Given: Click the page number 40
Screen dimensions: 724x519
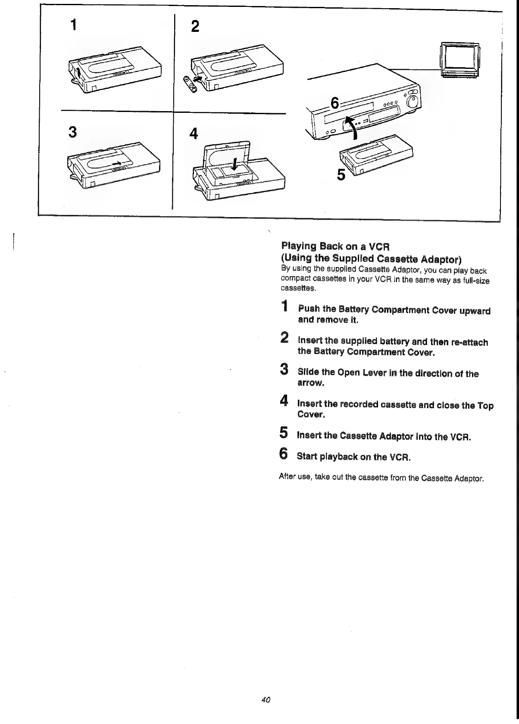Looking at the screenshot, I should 266,700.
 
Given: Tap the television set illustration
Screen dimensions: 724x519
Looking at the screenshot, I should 459,60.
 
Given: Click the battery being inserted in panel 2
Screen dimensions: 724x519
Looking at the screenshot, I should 190,84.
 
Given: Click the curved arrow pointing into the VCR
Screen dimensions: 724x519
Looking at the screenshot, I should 351,127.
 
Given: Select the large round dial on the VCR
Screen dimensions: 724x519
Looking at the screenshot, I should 412,103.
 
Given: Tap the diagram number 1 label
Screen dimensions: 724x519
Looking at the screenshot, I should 74,25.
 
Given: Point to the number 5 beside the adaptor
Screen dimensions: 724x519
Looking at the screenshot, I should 341,175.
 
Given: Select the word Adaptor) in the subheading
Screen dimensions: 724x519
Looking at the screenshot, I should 441,259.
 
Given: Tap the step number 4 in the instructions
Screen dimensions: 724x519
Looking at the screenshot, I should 284,401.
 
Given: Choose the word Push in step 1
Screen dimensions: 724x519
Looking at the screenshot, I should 308,309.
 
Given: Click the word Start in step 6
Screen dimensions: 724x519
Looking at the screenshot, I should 306,456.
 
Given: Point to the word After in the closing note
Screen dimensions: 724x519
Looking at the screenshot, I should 288,477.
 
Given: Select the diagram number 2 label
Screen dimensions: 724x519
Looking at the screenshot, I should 195,27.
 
